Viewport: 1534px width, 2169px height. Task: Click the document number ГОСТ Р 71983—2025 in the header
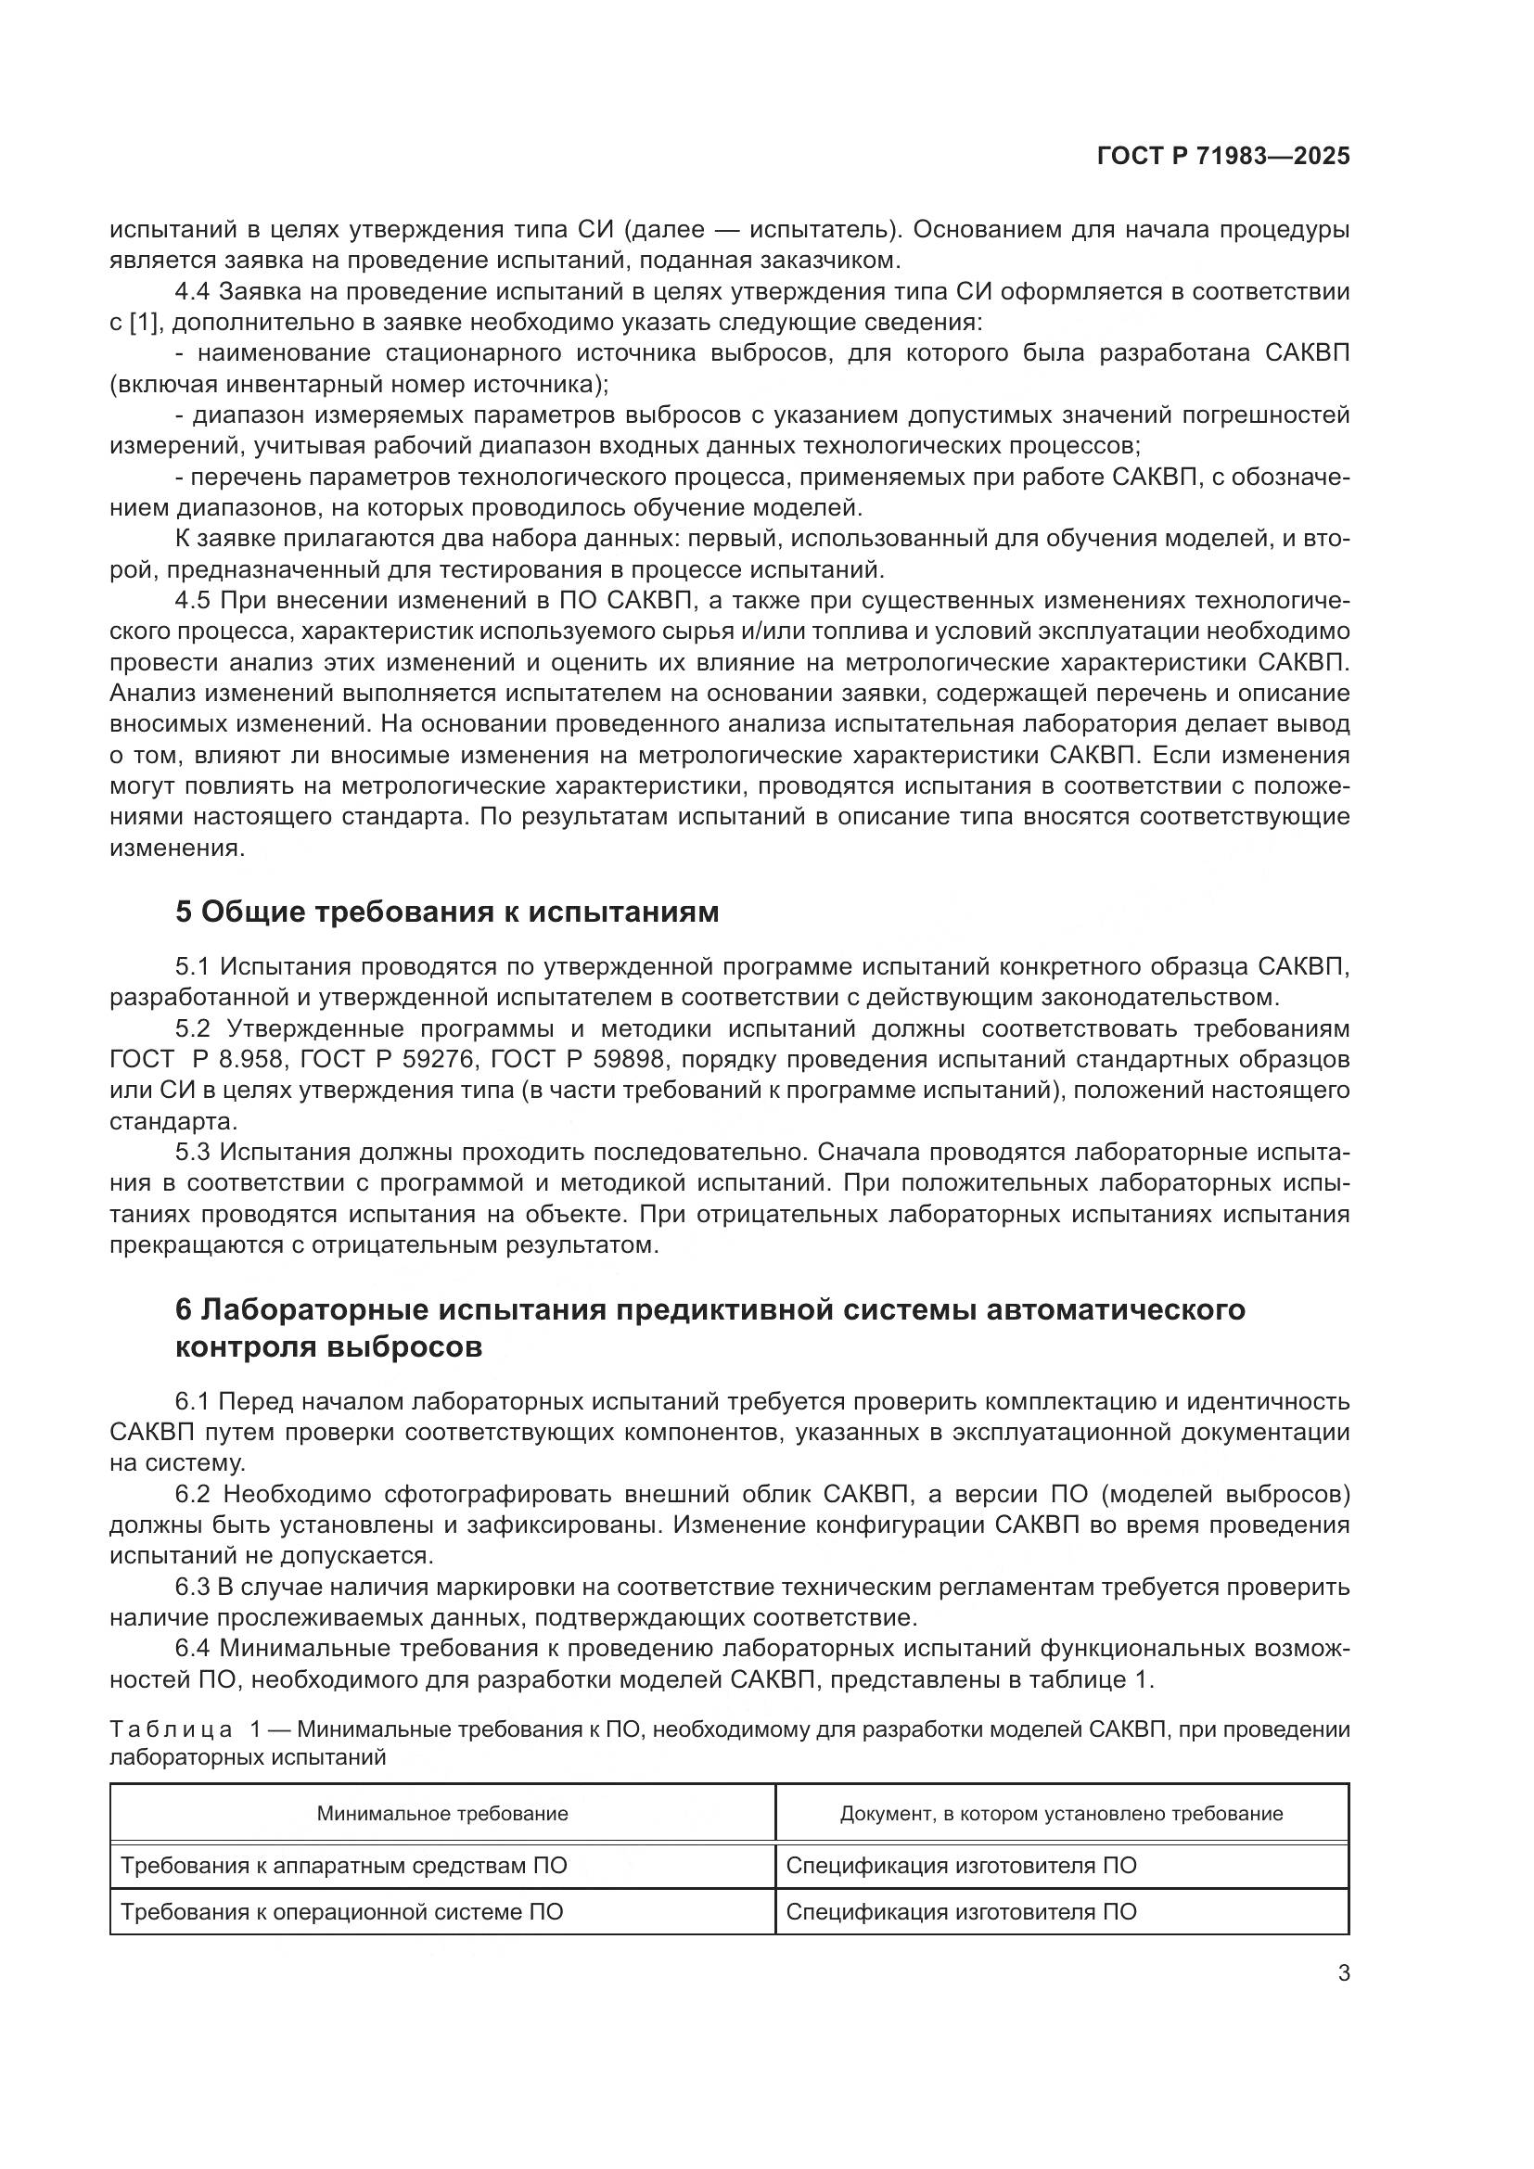pos(1223,157)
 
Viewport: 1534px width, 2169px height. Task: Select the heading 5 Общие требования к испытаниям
pos(447,912)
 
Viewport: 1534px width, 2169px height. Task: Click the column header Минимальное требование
pos(442,1813)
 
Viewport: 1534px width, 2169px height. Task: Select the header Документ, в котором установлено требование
pos(1061,1813)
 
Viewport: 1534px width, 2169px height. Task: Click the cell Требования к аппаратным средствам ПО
pos(344,1865)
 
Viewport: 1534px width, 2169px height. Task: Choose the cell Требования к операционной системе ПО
pos(342,1911)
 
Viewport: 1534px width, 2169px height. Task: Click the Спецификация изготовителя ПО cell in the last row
pos(961,1911)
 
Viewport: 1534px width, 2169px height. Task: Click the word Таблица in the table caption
pos(171,1729)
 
